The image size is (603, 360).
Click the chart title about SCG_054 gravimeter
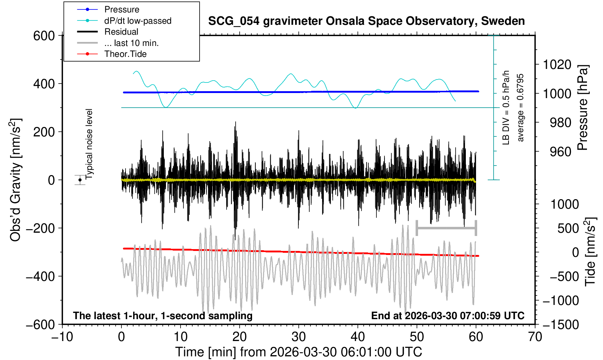pos(366,21)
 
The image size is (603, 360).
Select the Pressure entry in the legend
pos(121,9)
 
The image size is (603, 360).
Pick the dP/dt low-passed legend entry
pos(138,21)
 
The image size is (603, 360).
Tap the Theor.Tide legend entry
pos(125,54)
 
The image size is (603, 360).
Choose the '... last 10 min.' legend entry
pos(131,43)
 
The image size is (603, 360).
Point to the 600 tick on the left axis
pos(44,36)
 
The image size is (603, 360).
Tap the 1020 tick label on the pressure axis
pos(557,65)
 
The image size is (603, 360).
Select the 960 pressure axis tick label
pos(560,151)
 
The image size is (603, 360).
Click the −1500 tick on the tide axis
pos(560,324)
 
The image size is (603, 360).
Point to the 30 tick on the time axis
pos(298,336)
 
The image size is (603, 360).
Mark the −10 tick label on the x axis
pos(62,336)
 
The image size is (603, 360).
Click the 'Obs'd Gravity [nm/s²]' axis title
pos(16,180)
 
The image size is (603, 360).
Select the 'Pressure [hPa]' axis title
pos(583,108)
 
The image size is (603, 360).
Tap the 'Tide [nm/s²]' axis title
pos(590,252)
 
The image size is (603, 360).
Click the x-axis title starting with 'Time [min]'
pos(298,352)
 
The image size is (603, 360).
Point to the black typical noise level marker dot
pos(80,180)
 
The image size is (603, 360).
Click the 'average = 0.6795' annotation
pos(521,108)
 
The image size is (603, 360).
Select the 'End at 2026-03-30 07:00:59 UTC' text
pos(448,316)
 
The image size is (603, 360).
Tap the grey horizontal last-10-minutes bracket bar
pos(446,228)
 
